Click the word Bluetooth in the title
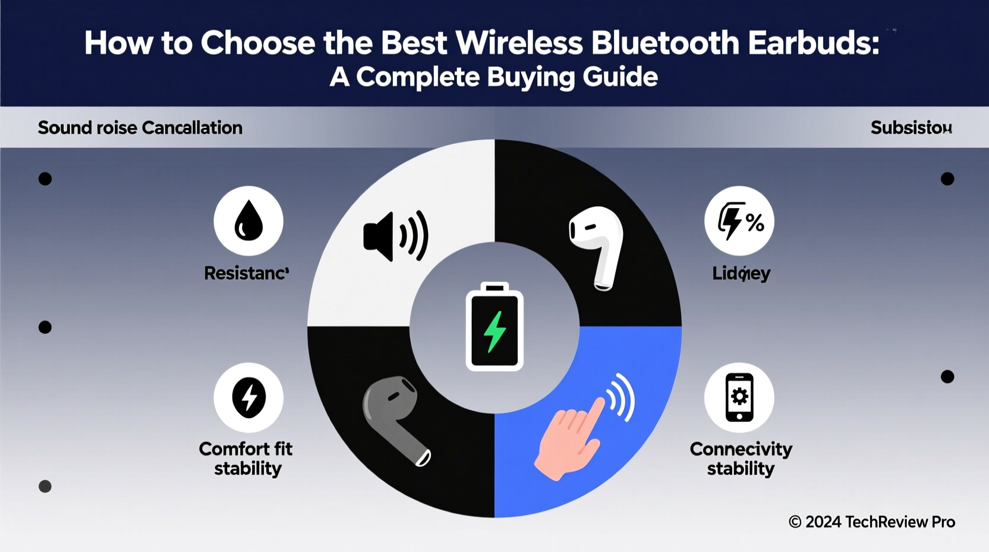tap(666, 43)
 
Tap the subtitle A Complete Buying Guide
tap(493, 77)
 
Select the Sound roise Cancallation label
tap(140, 128)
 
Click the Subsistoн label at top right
tap(911, 128)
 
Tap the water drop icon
tap(248, 221)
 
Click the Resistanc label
tap(246, 273)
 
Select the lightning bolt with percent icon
tap(739, 221)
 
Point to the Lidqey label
tap(741, 274)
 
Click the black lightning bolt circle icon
tap(248, 397)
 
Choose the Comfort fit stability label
tap(246, 459)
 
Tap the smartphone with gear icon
tap(739, 397)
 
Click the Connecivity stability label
tap(741, 459)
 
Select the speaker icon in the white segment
tap(395, 236)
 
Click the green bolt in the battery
tap(494, 331)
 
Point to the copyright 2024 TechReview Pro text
tap(871, 522)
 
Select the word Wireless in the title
tap(519, 43)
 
